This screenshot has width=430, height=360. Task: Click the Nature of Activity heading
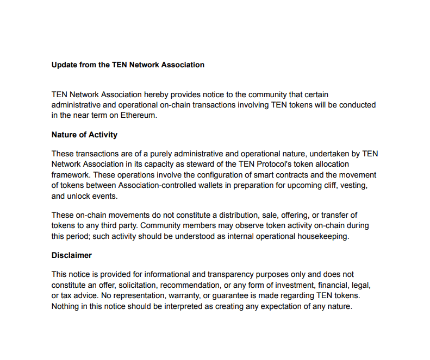[84, 135]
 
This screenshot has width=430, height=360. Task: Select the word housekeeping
[322, 236]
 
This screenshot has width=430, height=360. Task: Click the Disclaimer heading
[72, 255]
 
